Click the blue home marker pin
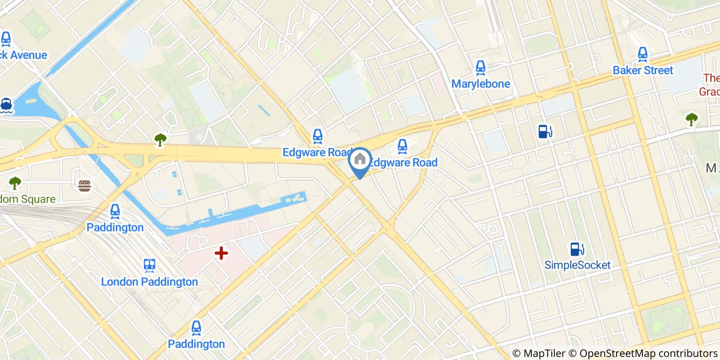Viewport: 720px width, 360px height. point(360,160)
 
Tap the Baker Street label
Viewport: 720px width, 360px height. point(642,70)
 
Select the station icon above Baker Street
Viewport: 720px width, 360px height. point(642,54)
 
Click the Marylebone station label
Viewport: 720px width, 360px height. point(480,84)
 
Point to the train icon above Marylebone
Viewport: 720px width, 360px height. point(480,67)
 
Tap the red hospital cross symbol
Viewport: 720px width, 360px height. point(221,253)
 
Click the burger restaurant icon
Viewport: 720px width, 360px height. point(85,185)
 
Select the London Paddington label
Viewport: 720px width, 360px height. point(149,282)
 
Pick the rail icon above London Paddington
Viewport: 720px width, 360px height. point(150,265)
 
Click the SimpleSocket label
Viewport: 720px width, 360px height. point(577,265)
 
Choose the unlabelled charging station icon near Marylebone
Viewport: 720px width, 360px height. point(545,132)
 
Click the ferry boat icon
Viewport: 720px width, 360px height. point(6,105)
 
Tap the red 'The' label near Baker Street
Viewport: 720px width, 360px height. point(711,78)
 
